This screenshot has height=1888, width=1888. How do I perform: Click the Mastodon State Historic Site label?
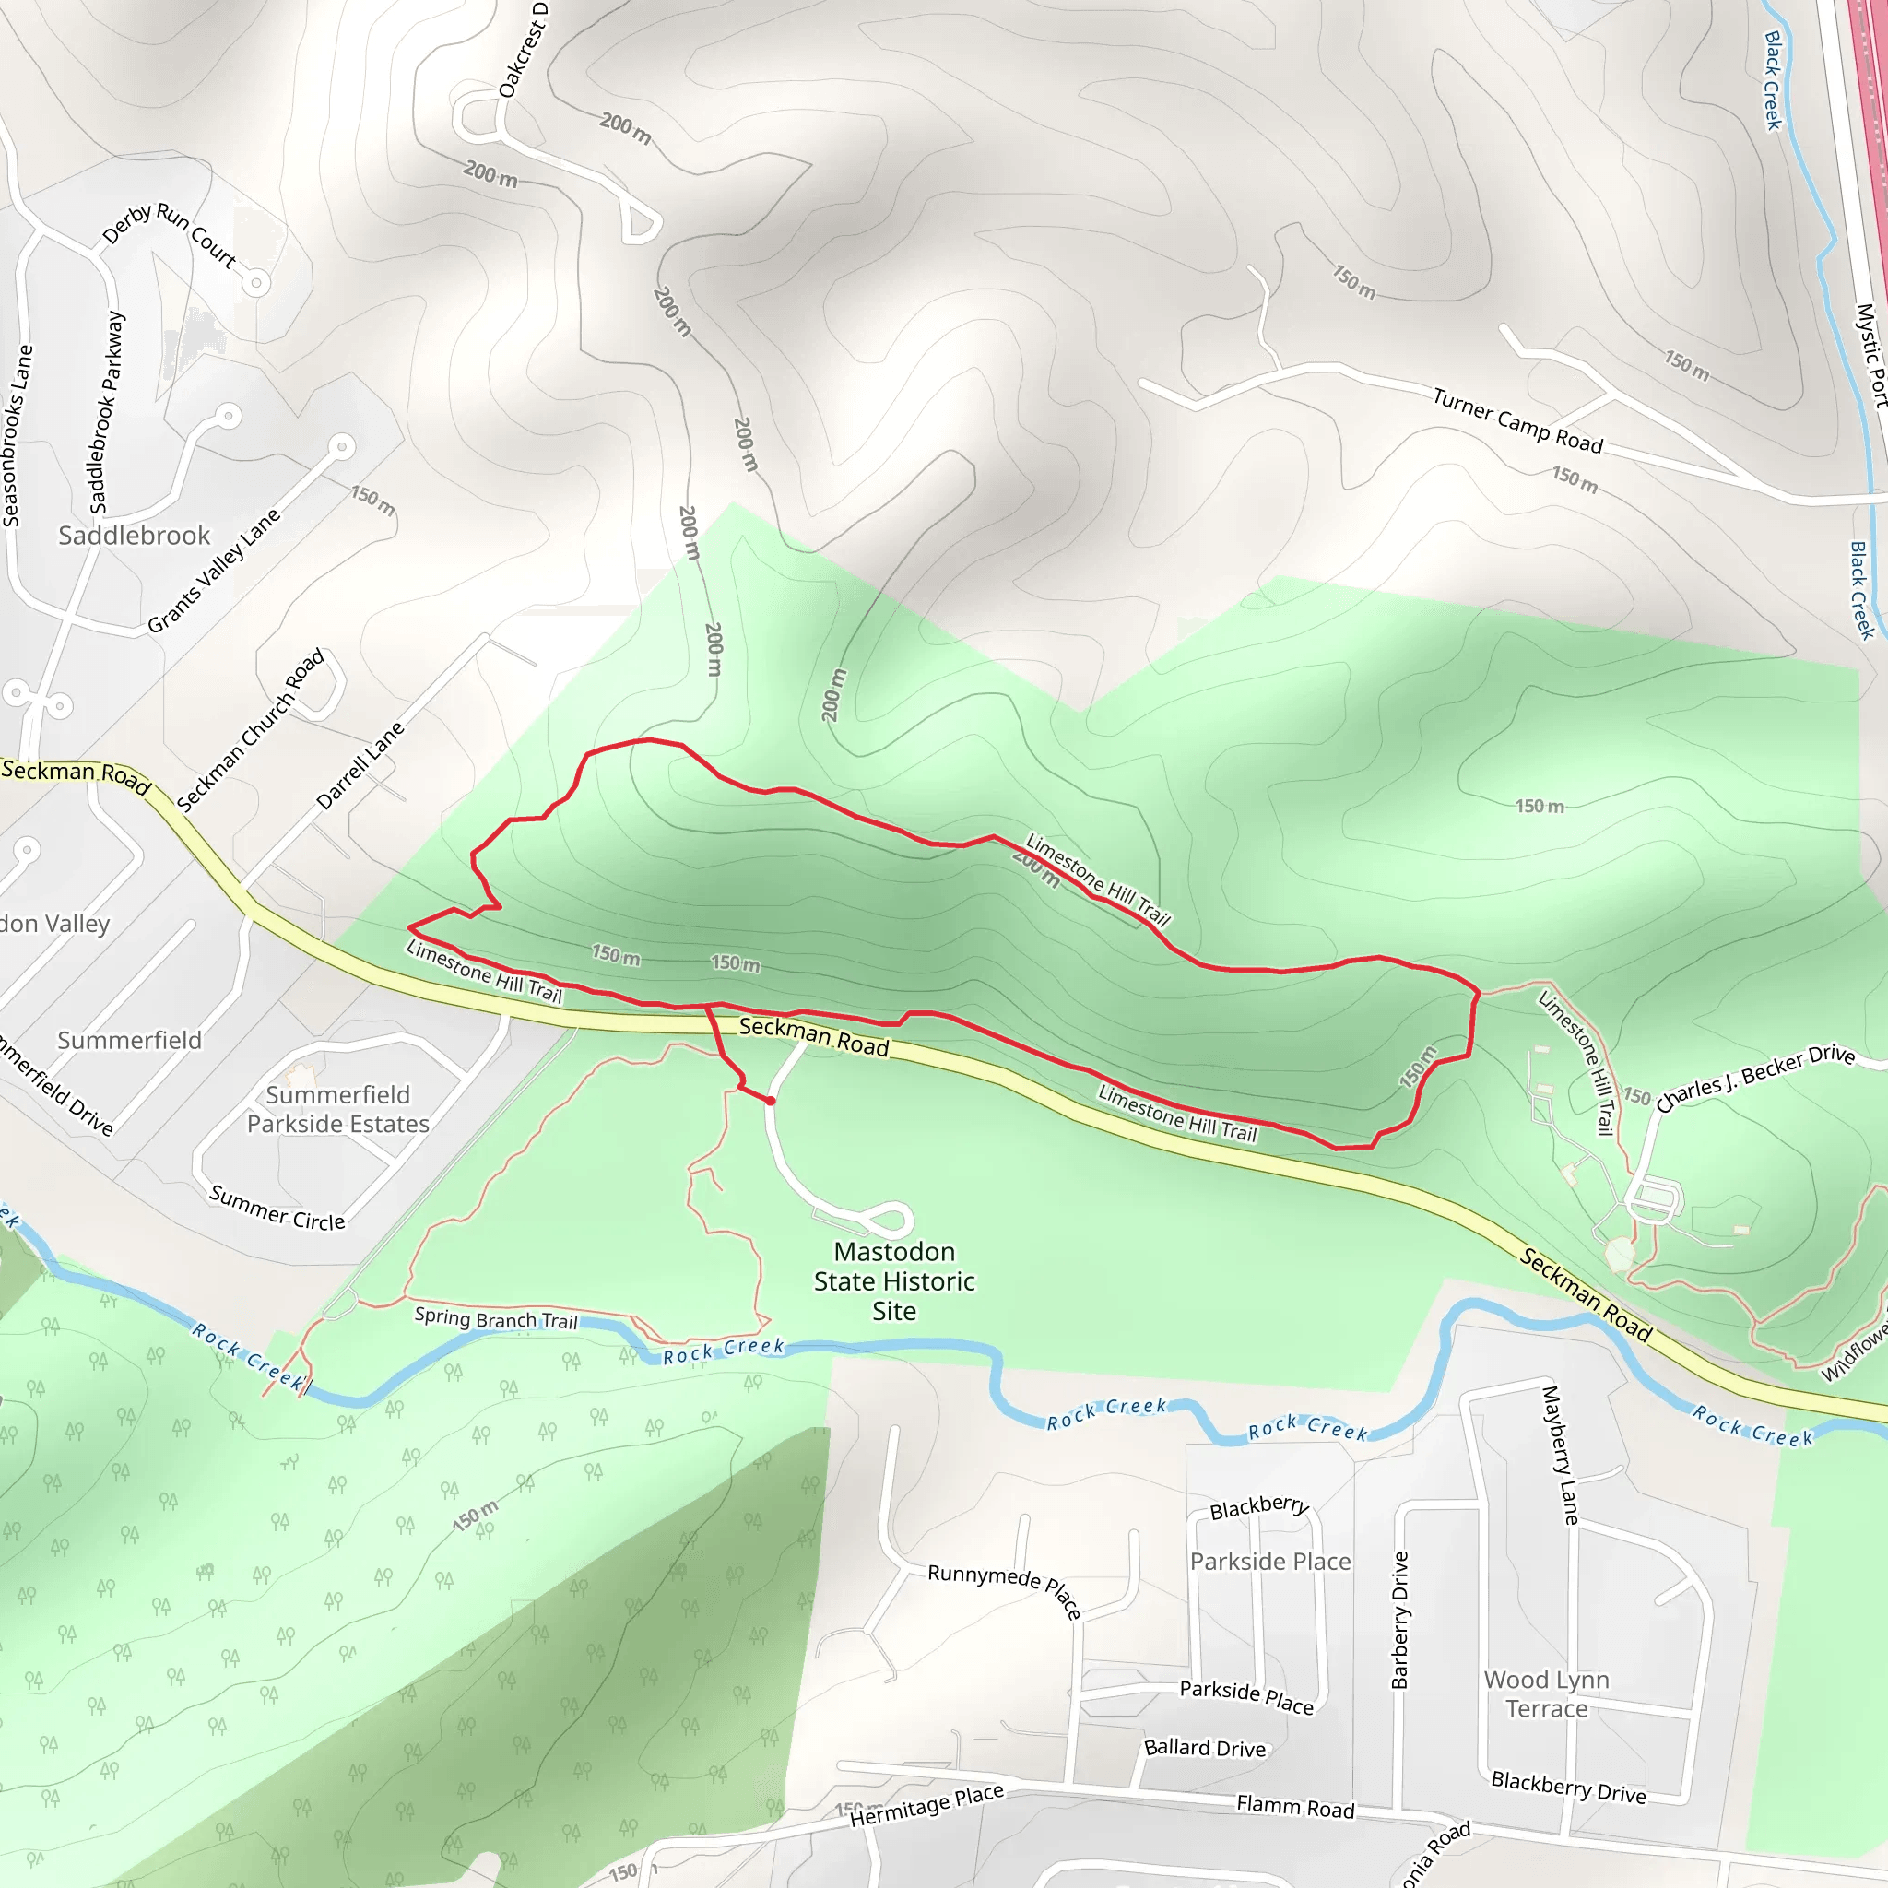click(x=894, y=1280)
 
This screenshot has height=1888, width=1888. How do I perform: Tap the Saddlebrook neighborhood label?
click(x=134, y=536)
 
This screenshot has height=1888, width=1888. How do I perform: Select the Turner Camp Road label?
click(x=1517, y=420)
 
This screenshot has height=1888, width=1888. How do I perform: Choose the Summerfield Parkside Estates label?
click(x=337, y=1109)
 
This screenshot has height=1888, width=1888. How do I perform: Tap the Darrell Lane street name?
click(x=360, y=766)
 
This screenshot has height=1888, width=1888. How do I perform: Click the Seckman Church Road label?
click(x=250, y=730)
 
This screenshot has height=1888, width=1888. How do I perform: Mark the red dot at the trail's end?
click(x=771, y=1102)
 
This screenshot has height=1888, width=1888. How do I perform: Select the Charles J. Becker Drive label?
click(x=1755, y=1078)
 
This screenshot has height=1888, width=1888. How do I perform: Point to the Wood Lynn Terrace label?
click(x=1546, y=1693)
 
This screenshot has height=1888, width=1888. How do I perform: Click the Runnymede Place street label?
click(x=1004, y=1588)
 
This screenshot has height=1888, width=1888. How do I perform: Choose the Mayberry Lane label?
click(x=1560, y=1455)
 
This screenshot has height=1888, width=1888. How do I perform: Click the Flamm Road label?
click(x=1295, y=1807)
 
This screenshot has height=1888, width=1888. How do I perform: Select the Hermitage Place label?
click(x=926, y=1805)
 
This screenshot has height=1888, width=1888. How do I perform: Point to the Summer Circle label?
click(x=277, y=1209)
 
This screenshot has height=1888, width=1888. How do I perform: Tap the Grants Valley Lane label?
click(x=213, y=571)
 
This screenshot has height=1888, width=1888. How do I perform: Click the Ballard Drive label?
click(x=1205, y=1748)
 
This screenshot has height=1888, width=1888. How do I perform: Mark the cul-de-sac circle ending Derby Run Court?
click(x=256, y=283)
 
